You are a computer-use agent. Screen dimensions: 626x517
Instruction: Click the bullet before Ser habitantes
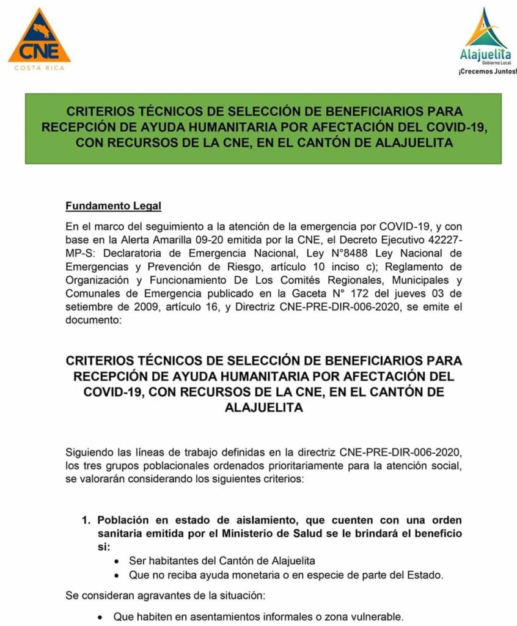click(117, 561)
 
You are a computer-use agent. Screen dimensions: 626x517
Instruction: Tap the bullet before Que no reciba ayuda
click(117, 575)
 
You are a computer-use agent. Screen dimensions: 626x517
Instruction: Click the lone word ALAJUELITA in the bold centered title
click(263, 407)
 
